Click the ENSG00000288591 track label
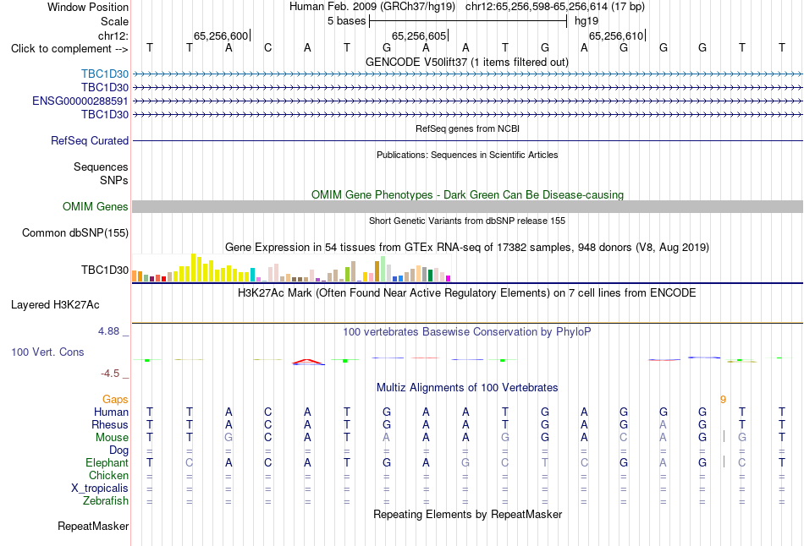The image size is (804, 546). tap(80, 101)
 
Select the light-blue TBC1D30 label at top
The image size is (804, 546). tap(105, 74)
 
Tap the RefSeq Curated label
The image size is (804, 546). tap(90, 140)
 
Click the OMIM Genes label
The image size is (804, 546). tap(96, 206)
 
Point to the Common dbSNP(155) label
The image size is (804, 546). tap(75, 232)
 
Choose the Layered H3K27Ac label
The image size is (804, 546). tap(55, 305)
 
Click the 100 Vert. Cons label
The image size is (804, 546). tap(47, 352)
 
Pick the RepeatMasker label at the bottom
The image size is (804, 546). tap(93, 526)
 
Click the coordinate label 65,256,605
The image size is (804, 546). tap(419, 35)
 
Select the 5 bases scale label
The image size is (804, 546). tap(347, 21)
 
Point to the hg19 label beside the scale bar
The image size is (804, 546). tap(586, 21)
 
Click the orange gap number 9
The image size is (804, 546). tap(723, 400)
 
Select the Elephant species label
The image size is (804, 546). tap(107, 462)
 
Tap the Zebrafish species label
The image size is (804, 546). tap(106, 500)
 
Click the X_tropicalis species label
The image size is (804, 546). tap(100, 488)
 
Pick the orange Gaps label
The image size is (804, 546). tap(115, 399)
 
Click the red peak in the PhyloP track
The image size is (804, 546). tap(308, 361)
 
